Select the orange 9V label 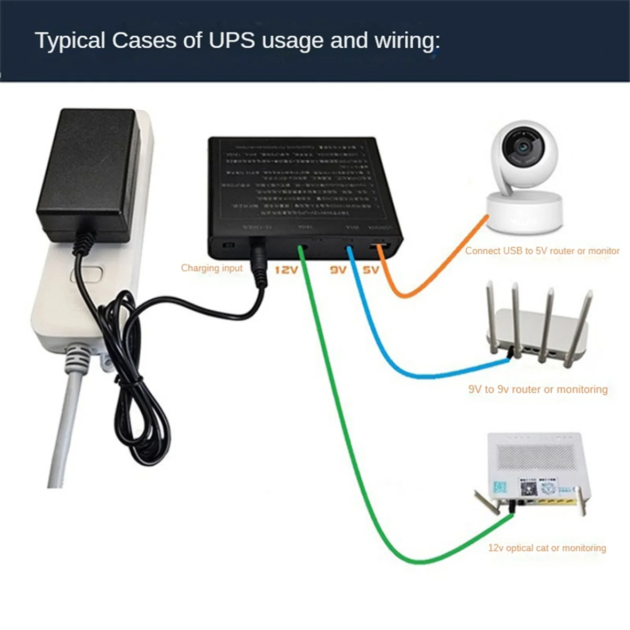click(338, 270)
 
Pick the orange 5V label click(371, 270)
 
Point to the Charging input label click(212, 268)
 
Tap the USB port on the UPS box click(380, 248)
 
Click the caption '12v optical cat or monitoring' click(547, 548)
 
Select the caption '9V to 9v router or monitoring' click(538, 389)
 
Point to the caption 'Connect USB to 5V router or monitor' click(542, 251)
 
